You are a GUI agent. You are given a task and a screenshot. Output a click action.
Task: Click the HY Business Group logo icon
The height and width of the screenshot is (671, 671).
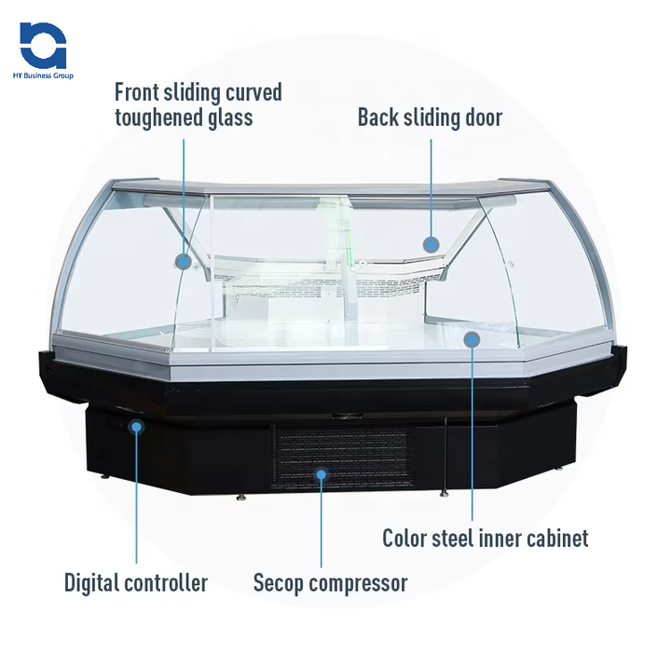(x=43, y=45)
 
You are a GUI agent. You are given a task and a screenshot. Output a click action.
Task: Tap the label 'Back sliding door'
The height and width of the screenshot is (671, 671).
(x=430, y=117)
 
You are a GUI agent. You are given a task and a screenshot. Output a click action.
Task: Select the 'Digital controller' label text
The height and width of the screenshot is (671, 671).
(x=136, y=584)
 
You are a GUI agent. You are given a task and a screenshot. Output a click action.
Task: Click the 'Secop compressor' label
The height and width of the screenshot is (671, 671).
(x=330, y=584)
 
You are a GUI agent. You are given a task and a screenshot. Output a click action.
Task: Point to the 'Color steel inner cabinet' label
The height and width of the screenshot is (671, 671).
(x=486, y=539)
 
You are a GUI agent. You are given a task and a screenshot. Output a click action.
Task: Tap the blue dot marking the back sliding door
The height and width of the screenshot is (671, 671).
(x=431, y=244)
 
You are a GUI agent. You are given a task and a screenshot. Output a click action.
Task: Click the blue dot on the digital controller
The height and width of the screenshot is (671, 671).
(x=137, y=427)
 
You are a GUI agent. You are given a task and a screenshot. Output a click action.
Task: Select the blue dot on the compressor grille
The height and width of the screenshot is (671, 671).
(x=322, y=474)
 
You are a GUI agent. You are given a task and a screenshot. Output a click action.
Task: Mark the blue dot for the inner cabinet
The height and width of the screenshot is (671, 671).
(x=472, y=340)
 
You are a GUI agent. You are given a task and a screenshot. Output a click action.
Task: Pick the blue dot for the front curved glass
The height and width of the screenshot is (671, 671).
(x=184, y=262)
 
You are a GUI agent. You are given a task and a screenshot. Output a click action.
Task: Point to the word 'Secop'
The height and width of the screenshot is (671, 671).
(x=278, y=584)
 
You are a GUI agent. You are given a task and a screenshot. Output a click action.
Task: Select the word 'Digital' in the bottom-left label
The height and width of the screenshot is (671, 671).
(x=91, y=584)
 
